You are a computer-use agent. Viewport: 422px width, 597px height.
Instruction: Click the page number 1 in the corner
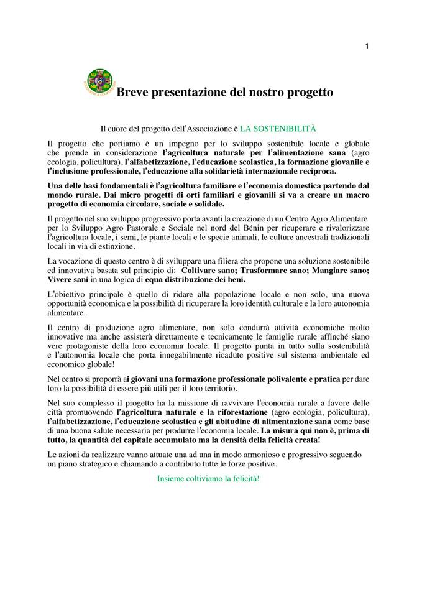coord(367,45)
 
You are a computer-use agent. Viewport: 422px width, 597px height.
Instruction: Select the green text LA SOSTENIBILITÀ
coord(278,129)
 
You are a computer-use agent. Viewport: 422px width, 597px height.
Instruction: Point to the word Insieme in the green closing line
coord(172,479)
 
